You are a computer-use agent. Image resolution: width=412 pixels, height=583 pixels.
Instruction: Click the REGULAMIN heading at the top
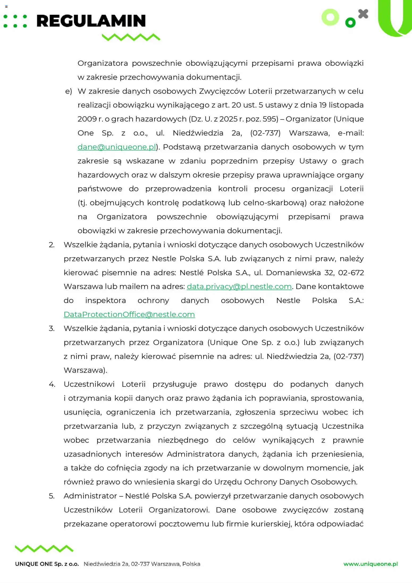click(x=91, y=21)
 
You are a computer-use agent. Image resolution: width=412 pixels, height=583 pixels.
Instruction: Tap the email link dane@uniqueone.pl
click(x=117, y=147)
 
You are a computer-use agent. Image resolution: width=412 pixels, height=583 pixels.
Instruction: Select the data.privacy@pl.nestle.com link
click(x=239, y=286)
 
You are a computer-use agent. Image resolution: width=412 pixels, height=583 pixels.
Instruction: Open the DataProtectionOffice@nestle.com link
click(x=129, y=314)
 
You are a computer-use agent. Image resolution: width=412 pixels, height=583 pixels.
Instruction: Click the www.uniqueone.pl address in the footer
click(x=371, y=564)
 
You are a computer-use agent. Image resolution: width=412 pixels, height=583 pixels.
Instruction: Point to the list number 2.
click(x=52, y=245)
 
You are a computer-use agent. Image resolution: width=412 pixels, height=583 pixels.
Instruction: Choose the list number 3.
click(x=52, y=329)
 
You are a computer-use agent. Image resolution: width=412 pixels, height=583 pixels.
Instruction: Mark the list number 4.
click(x=52, y=384)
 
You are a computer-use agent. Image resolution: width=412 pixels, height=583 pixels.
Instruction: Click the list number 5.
click(x=52, y=496)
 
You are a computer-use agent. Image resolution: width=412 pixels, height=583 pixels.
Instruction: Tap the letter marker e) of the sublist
click(x=69, y=91)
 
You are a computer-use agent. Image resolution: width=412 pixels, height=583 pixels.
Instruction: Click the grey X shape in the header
click(x=363, y=14)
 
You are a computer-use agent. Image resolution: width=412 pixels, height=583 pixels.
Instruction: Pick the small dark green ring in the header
click(x=350, y=23)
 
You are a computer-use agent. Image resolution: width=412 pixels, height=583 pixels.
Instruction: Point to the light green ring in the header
click(x=330, y=17)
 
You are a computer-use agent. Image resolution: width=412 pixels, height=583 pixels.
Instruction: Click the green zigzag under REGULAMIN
click(x=131, y=37)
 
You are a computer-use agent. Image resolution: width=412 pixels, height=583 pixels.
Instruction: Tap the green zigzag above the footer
click(x=44, y=548)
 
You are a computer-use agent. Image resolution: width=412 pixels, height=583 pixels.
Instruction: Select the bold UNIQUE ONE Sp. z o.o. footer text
click(x=47, y=564)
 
